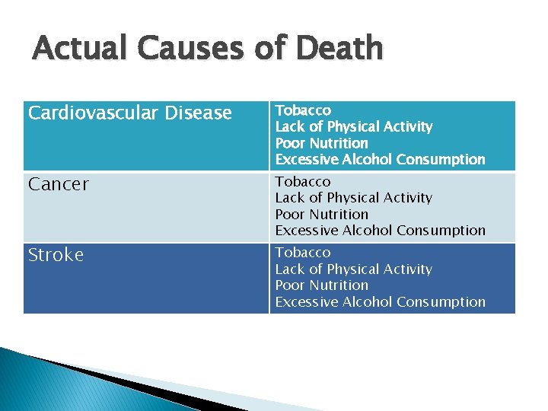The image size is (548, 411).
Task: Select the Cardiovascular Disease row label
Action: pyautogui.click(x=129, y=113)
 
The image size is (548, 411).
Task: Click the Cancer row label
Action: pyautogui.click(x=58, y=184)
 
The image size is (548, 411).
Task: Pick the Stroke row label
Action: pyautogui.click(x=56, y=255)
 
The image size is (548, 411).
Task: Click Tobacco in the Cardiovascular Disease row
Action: pyautogui.click(x=303, y=110)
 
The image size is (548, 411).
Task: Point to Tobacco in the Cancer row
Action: pyautogui.click(x=303, y=181)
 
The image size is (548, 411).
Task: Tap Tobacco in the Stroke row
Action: pyautogui.click(x=303, y=252)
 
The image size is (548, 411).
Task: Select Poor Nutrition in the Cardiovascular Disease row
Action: pyautogui.click(x=321, y=143)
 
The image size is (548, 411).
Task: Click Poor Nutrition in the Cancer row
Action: pyautogui.click(x=321, y=214)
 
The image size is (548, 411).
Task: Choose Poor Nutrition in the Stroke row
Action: pyautogui.click(x=321, y=285)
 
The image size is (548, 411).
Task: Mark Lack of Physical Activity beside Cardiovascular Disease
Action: pyautogui.click(x=353, y=126)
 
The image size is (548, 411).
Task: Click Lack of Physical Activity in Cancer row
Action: pyautogui.click(x=353, y=198)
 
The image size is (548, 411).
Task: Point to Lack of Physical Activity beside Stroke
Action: pyautogui.click(x=353, y=269)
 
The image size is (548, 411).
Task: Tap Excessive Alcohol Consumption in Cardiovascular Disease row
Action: pyautogui.click(x=380, y=160)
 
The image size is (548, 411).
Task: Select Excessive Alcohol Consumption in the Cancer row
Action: pyautogui.click(x=380, y=230)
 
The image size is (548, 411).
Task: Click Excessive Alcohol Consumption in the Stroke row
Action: pyautogui.click(x=380, y=302)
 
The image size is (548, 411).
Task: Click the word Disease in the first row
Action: pyautogui.click(x=202, y=113)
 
